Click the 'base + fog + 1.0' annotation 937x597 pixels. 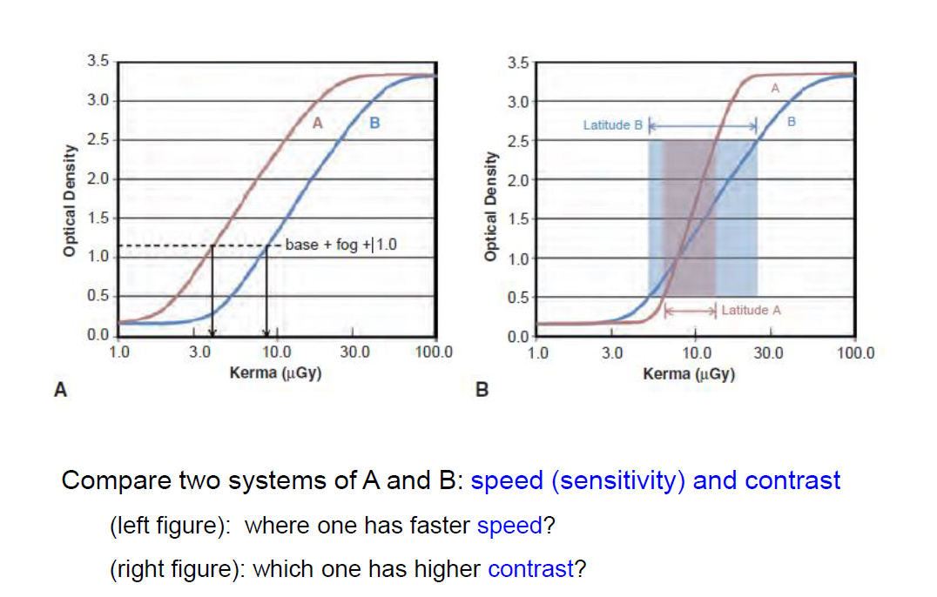tap(340, 245)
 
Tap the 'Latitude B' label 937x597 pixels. tap(612, 125)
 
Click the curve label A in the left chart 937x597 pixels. tap(318, 123)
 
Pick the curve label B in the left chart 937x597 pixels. tap(374, 123)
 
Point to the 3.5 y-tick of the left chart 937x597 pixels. tap(98, 61)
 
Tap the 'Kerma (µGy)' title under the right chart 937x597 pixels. tap(689, 374)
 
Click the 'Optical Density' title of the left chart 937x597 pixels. tap(67, 200)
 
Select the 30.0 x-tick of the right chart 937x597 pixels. tap(767, 353)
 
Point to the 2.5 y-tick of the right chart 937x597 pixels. tap(517, 140)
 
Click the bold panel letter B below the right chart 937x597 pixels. tap(482, 391)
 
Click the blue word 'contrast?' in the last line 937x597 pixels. tap(536, 569)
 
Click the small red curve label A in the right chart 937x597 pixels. tap(774, 89)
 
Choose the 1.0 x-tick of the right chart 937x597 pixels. tap(539, 353)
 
